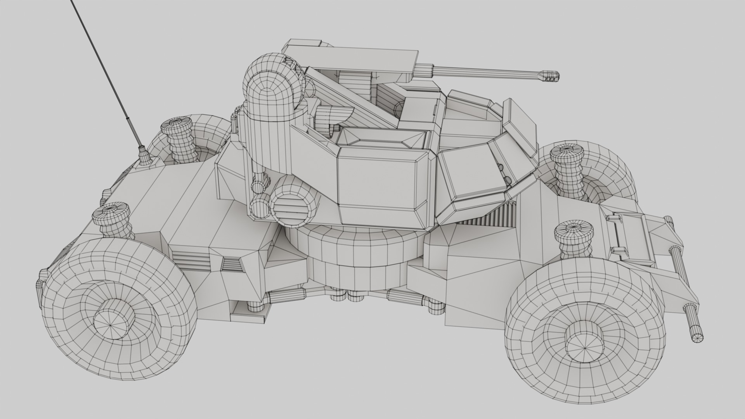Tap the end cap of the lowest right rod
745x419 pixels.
(697, 338)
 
